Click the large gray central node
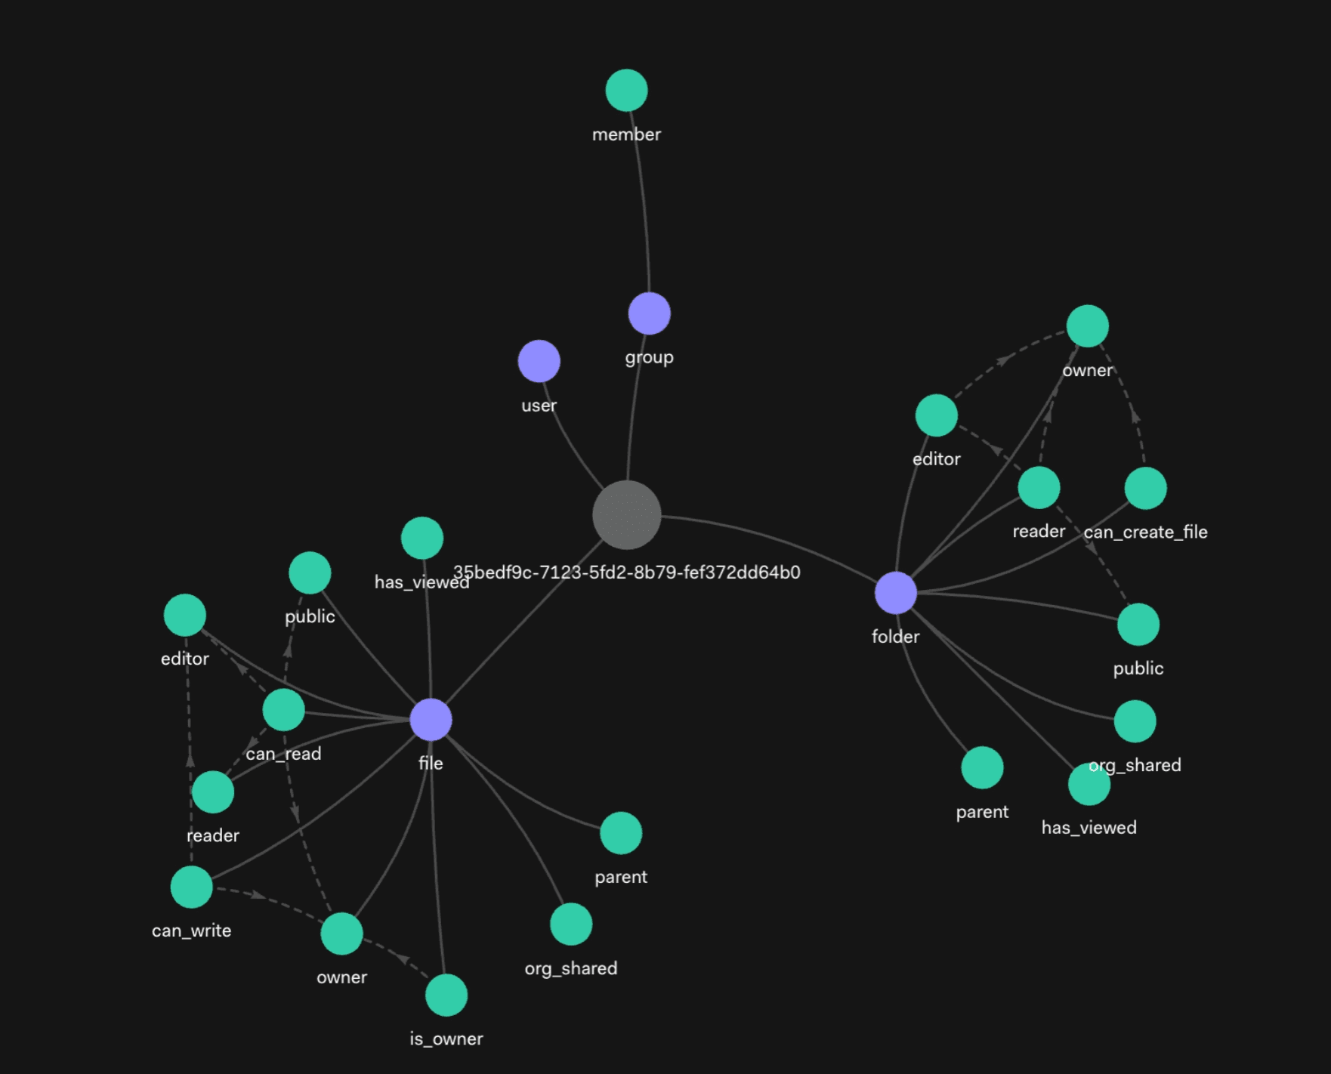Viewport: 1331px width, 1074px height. tap(626, 515)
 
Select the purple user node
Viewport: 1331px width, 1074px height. tap(539, 361)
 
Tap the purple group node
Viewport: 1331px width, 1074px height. tap(649, 313)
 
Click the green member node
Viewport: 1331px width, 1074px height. tap(626, 91)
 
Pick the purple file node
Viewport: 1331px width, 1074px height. tap(431, 719)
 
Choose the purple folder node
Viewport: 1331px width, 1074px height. tap(895, 593)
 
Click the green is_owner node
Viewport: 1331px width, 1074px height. tap(446, 995)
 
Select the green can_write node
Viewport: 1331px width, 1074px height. tap(191, 887)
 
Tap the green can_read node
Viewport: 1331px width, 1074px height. tap(283, 710)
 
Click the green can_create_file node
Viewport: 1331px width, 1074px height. tap(1145, 488)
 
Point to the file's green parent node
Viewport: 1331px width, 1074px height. tap(621, 833)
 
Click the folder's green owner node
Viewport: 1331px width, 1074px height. tap(1087, 326)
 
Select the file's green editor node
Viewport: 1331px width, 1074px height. tap(185, 615)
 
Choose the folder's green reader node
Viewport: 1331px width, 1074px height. tap(1039, 488)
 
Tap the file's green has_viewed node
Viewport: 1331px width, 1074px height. tap(422, 538)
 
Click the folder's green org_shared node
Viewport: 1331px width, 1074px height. tap(1135, 721)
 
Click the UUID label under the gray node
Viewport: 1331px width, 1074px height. tap(626, 572)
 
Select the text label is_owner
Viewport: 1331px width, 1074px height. tap(446, 1039)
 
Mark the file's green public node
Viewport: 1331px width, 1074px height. tap(310, 572)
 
